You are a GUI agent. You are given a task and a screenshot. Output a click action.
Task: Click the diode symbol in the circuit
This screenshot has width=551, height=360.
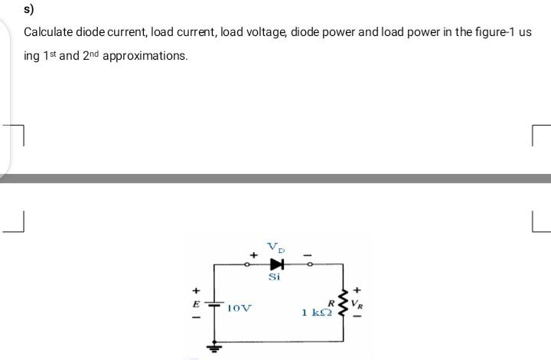pyautogui.click(x=276, y=263)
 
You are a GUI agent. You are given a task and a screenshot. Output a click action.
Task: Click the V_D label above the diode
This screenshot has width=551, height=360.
pyautogui.click(x=275, y=247)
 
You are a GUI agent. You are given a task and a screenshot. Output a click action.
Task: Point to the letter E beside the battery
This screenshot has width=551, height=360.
pyautogui.click(x=197, y=304)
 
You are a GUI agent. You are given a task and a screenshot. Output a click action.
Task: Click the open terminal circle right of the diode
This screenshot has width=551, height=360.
pyautogui.click(x=308, y=263)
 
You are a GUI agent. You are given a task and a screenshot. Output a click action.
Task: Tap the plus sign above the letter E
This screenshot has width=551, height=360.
pyautogui.click(x=197, y=290)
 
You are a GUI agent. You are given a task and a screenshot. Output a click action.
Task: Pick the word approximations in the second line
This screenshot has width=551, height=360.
pyautogui.click(x=145, y=56)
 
